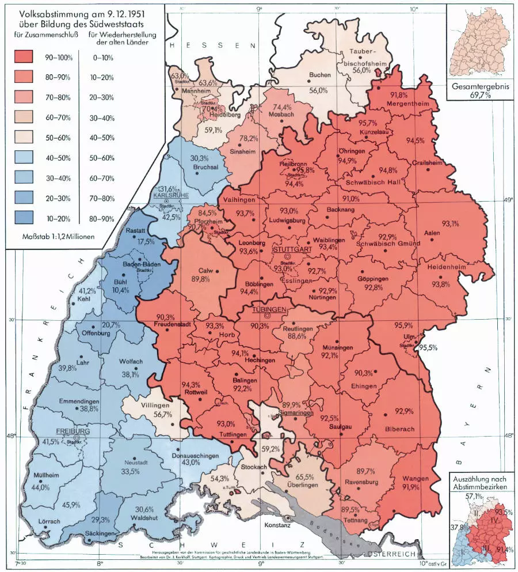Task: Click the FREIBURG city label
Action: [x=73, y=431]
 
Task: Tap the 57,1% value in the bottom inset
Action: [x=473, y=496]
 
